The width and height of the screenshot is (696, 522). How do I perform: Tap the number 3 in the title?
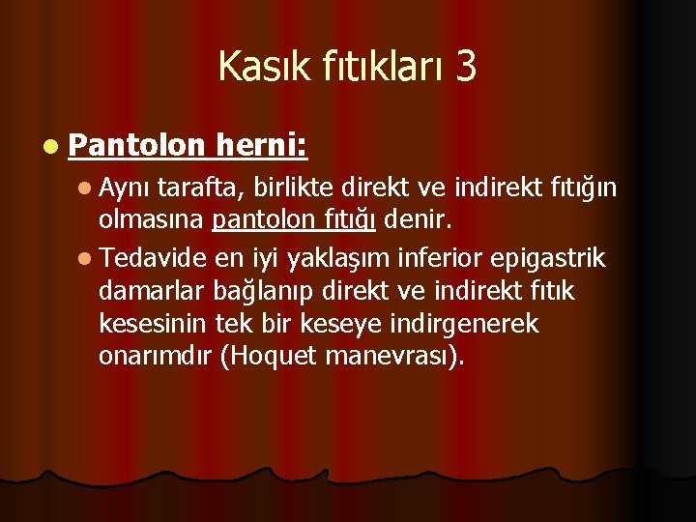[463, 67]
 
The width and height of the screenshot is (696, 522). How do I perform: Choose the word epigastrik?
[550, 258]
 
